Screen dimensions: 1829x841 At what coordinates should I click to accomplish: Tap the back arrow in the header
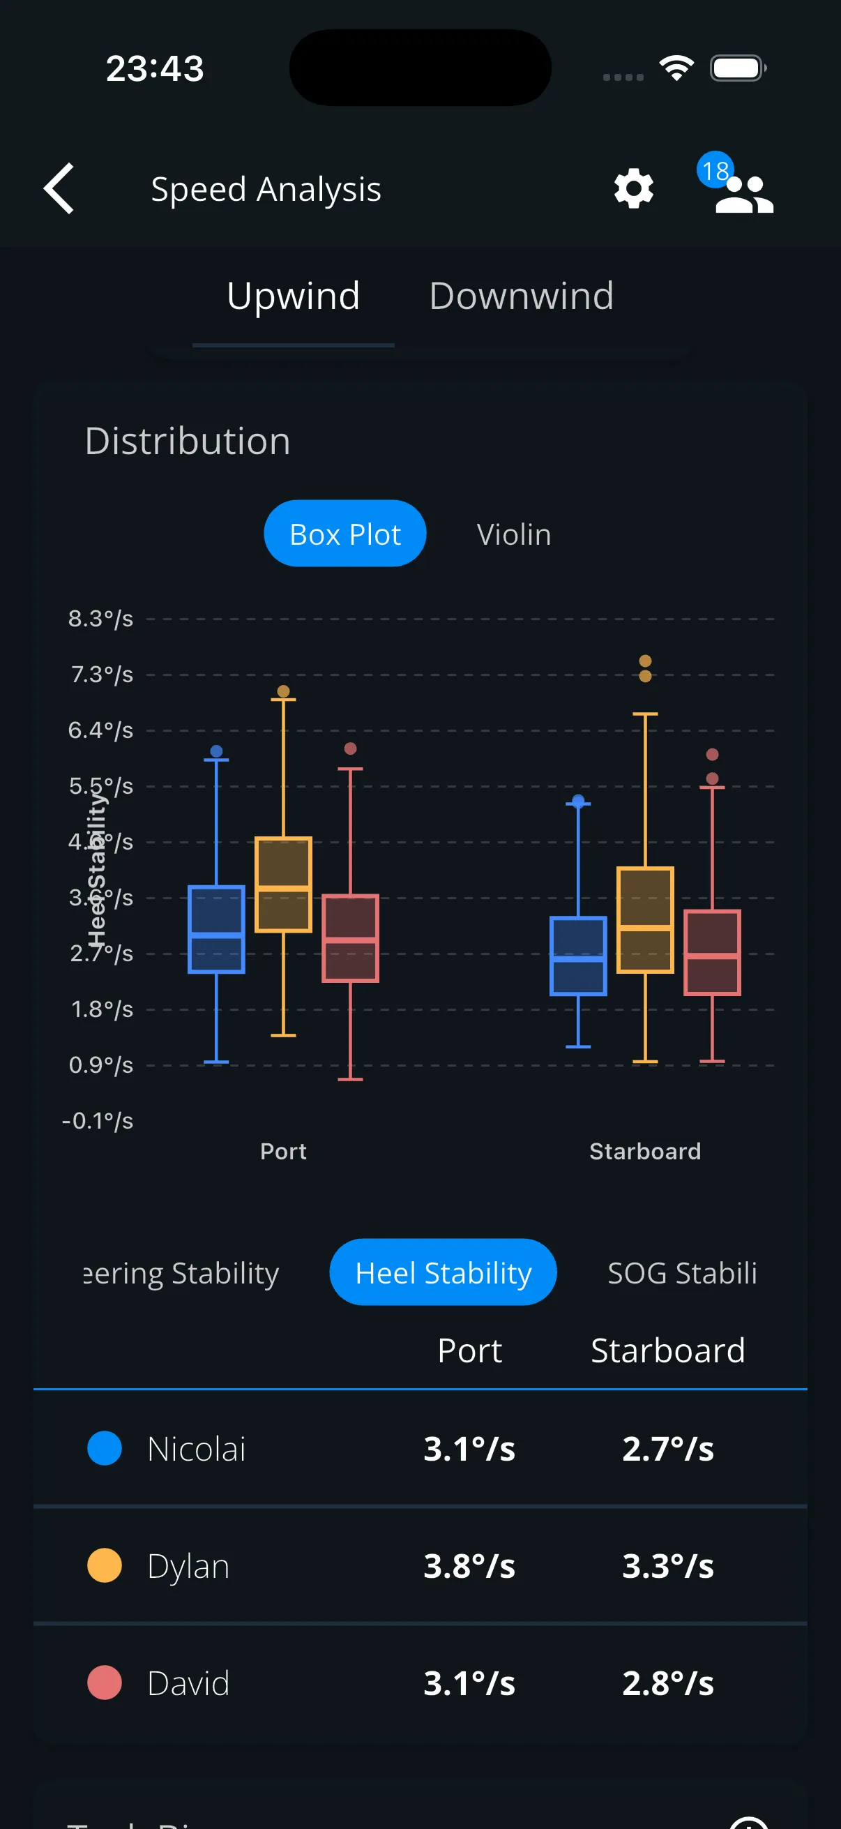tap(59, 188)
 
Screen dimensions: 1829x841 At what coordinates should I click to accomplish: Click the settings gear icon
tap(633, 188)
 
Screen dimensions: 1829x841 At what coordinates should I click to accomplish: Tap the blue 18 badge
tap(715, 170)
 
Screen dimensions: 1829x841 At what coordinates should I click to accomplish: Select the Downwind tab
tap(521, 296)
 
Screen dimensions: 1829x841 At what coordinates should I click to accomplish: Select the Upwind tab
tap(293, 296)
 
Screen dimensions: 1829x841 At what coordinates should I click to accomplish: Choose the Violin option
tap(514, 534)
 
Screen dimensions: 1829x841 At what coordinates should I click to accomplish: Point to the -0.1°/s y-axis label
tap(98, 1121)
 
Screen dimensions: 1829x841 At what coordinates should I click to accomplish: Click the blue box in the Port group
tap(216, 928)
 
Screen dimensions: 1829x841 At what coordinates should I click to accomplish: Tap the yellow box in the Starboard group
tap(645, 919)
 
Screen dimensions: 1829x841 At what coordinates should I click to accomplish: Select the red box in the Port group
tap(351, 938)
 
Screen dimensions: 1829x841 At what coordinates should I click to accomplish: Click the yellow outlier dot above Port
tap(283, 691)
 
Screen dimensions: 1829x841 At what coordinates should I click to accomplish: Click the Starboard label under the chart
tap(645, 1151)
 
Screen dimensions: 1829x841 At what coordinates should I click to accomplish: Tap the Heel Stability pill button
tap(443, 1272)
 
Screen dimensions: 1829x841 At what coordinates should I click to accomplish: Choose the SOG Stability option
tap(682, 1272)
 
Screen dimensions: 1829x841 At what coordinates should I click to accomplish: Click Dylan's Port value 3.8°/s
tap(469, 1565)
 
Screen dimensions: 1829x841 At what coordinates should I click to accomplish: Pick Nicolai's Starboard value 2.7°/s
tap(668, 1448)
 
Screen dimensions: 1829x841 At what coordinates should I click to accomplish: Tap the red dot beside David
tap(105, 1683)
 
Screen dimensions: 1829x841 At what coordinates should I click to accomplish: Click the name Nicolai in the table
tap(197, 1448)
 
